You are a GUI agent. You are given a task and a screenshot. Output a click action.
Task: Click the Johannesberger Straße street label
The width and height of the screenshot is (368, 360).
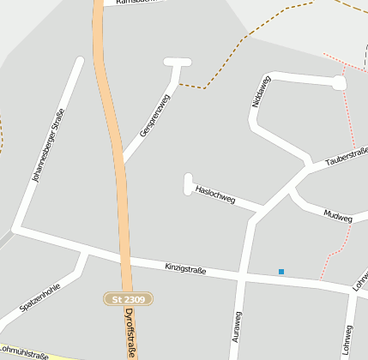coord(48,153)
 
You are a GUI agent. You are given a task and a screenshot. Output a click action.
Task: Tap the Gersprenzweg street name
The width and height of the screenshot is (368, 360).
coord(154,116)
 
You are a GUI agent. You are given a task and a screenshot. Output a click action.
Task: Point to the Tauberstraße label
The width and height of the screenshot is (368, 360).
coord(347,155)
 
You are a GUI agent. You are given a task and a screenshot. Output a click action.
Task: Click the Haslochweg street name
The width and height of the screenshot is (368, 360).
coord(214,194)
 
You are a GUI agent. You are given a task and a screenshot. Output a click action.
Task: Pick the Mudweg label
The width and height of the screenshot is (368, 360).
coord(338,215)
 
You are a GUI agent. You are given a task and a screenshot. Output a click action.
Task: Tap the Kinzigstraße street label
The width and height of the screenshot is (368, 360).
coord(185,269)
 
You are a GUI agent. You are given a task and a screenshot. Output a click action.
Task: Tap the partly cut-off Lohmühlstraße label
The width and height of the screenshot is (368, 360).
coord(26,351)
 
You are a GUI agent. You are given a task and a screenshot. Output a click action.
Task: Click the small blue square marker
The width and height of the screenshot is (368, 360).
coord(281,272)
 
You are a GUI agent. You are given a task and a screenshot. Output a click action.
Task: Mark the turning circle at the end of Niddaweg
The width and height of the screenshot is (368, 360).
coord(339,83)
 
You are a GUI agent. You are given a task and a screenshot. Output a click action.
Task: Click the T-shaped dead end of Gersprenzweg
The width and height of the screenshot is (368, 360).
coord(178,63)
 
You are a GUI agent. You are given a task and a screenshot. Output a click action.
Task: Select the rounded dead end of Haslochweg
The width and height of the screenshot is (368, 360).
coord(188,179)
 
